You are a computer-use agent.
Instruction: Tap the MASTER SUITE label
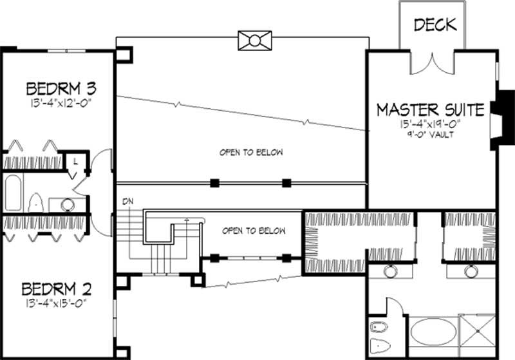430,109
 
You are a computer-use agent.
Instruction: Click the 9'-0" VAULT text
431,135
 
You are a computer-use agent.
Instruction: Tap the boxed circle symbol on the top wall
255,41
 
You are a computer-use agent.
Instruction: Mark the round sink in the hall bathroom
67,205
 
